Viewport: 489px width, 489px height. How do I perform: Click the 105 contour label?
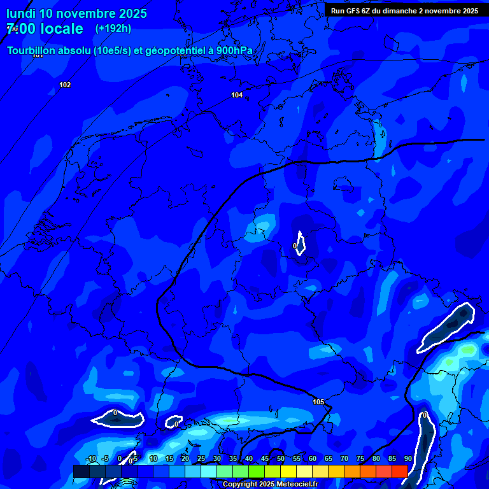[318, 402]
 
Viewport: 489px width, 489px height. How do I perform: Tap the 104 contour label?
[237, 95]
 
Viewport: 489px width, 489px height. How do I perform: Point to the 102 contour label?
[65, 85]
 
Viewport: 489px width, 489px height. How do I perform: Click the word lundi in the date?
[21, 13]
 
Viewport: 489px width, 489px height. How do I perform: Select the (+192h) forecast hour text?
[113, 29]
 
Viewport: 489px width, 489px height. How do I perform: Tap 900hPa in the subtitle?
[235, 51]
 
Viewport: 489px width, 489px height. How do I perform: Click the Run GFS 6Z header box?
[404, 11]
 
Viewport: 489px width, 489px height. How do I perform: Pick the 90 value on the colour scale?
[407, 458]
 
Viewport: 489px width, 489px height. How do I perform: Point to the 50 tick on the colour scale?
[281, 458]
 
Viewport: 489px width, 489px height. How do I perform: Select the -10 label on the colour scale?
[91, 458]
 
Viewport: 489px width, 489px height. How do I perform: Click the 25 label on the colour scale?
[201, 458]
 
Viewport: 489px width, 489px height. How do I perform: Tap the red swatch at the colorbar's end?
[399, 471]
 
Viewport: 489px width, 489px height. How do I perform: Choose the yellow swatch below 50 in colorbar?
[288, 471]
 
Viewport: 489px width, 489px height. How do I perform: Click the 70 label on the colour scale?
[344, 458]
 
